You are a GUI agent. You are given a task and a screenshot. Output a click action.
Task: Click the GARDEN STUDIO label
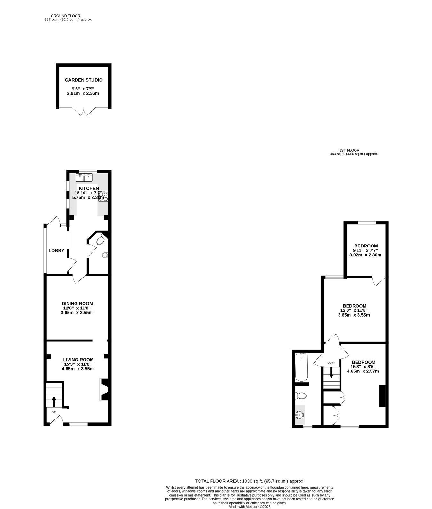pos(84,80)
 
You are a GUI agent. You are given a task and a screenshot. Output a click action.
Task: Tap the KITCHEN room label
pos(89,188)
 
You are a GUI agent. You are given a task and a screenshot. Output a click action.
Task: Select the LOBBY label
pos(56,251)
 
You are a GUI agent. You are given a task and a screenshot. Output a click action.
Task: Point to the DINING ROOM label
pos(77,304)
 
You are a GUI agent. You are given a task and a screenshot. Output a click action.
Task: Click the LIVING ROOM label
pos(78,359)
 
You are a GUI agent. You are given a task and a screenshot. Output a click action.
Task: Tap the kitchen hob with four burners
pos(103,196)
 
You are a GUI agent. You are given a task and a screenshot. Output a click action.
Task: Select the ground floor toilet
pos(102,239)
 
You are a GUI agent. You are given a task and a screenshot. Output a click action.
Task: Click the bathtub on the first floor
pos(301,367)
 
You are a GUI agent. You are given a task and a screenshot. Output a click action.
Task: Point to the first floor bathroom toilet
pos(300,396)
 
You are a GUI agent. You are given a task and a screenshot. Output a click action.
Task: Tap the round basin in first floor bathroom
pos(300,415)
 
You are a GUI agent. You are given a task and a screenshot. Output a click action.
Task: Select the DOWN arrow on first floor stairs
pos(331,372)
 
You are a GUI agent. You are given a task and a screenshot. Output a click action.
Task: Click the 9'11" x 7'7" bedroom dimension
pos(365,250)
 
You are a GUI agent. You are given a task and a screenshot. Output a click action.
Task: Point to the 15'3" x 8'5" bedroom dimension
pos(363,367)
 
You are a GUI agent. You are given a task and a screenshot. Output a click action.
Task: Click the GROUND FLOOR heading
pos(66,16)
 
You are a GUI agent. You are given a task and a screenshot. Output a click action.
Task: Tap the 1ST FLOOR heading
pos(349,150)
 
